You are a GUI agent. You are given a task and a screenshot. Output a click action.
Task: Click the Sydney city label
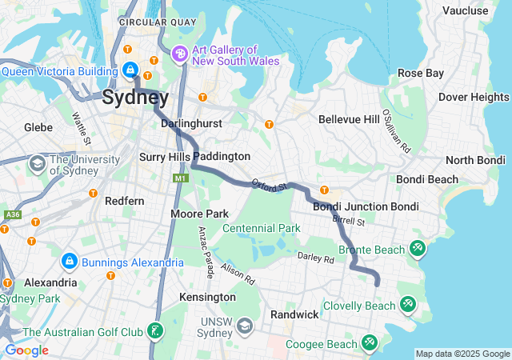pyautogui.click(x=135, y=98)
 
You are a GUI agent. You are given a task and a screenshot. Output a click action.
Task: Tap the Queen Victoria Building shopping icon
pyautogui.click(x=130, y=70)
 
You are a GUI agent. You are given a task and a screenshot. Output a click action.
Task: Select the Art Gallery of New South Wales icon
pyautogui.click(x=179, y=54)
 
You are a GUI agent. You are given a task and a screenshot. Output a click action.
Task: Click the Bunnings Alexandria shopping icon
pyautogui.click(x=70, y=262)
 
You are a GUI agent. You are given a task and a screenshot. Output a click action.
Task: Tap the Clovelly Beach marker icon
pyautogui.click(x=408, y=305)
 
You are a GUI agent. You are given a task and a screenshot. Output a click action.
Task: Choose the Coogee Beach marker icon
pyautogui.click(x=369, y=343)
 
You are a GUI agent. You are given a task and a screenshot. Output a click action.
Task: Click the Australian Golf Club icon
pyautogui.click(x=155, y=331)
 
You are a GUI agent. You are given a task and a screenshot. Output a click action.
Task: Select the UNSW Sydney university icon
pyautogui.click(x=245, y=326)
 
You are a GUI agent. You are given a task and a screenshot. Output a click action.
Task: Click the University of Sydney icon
pyautogui.click(x=37, y=164)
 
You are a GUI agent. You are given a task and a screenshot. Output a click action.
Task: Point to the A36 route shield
pyautogui.click(x=12, y=214)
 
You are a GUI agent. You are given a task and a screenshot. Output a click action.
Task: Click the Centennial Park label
pyautogui.click(x=261, y=228)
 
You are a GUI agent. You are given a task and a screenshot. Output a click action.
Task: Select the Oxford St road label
pyautogui.click(x=269, y=186)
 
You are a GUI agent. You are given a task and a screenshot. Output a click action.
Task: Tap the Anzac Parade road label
pyautogui.click(x=206, y=252)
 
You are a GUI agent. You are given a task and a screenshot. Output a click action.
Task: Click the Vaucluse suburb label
pyautogui.click(x=465, y=10)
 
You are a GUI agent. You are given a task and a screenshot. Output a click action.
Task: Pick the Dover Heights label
pyautogui.click(x=474, y=97)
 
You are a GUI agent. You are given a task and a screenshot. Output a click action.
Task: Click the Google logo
pyautogui.click(x=26, y=350)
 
